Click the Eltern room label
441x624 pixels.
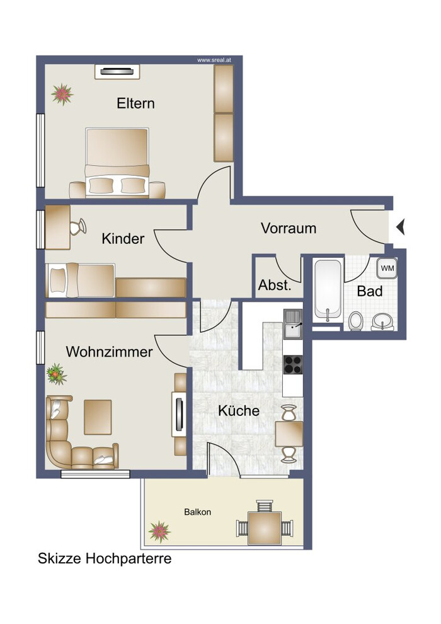click(135, 103)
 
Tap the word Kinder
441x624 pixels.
click(123, 239)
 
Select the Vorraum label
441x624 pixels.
click(289, 228)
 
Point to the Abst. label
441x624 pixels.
click(275, 285)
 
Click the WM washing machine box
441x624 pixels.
click(387, 269)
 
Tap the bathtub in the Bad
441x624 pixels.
click(328, 290)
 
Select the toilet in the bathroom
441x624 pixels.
click(356, 321)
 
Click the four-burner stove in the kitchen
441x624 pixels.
click(293, 364)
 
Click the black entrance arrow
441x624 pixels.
click(400, 228)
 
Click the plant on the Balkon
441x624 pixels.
click(159, 532)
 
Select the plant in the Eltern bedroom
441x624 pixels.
click(62, 95)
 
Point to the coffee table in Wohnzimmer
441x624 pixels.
click(98, 417)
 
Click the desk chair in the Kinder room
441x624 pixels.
click(78, 227)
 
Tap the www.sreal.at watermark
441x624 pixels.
click(214, 61)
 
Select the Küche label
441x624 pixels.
click(239, 411)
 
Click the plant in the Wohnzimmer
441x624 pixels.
click(57, 374)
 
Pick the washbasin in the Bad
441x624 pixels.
click(382, 321)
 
